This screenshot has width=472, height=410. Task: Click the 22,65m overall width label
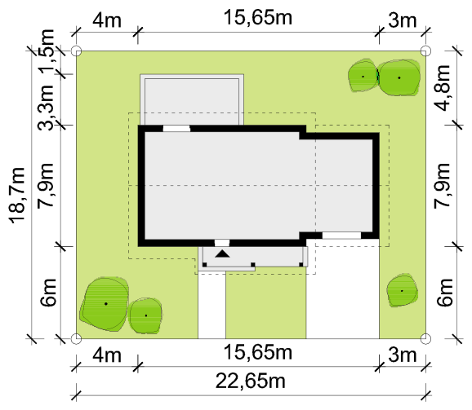click(x=250, y=381)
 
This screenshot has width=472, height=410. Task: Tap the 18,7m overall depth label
click(x=17, y=196)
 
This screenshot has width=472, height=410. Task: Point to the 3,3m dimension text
click(x=46, y=108)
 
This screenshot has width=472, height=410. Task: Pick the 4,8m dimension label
click(x=442, y=88)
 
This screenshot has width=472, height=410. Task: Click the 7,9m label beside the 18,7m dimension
click(x=46, y=185)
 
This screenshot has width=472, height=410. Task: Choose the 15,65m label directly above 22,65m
click(x=258, y=352)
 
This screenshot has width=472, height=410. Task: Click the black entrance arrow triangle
click(x=222, y=253)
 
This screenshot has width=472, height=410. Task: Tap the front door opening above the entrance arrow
click(x=222, y=243)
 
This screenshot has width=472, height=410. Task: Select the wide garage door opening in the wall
click(x=341, y=236)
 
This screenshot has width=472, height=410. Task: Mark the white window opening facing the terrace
click(x=176, y=129)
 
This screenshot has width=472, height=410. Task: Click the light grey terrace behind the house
click(x=192, y=99)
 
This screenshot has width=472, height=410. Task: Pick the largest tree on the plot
click(x=105, y=304)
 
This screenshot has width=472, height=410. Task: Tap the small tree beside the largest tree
click(x=145, y=315)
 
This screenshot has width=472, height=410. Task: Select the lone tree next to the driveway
click(x=402, y=290)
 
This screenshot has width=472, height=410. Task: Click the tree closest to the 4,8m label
click(x=399, y=77)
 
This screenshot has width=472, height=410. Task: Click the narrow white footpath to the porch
click(x=212, y=305)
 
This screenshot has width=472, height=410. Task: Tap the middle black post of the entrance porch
click(x=253, y=265)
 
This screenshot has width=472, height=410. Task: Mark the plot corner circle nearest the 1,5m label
click(x=76, y=51)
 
